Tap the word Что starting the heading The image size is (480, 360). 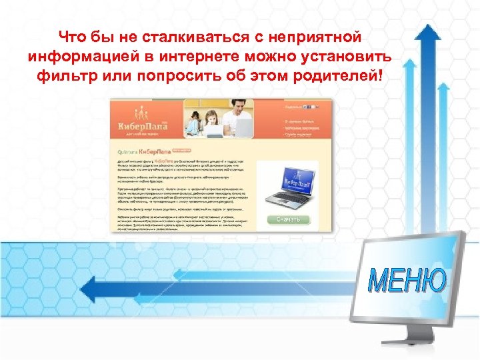(72, 35)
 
